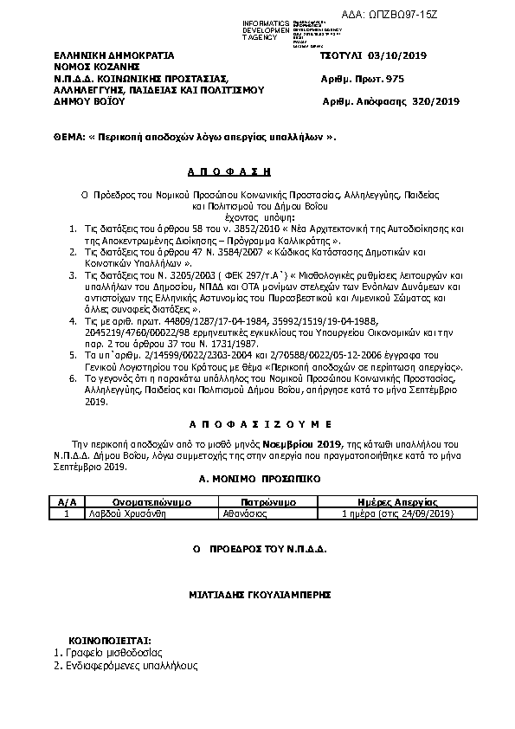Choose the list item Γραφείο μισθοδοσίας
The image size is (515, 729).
pos(113,652)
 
